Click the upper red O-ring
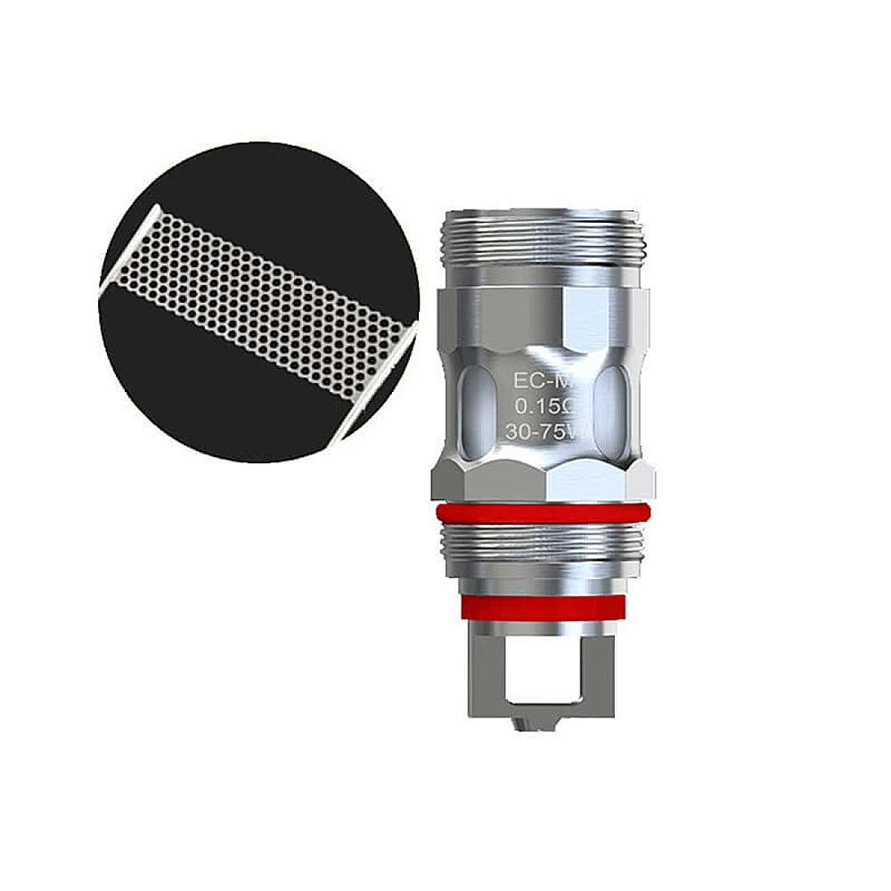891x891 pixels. coord(543,514)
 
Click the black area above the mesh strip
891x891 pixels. coord(267,196)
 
